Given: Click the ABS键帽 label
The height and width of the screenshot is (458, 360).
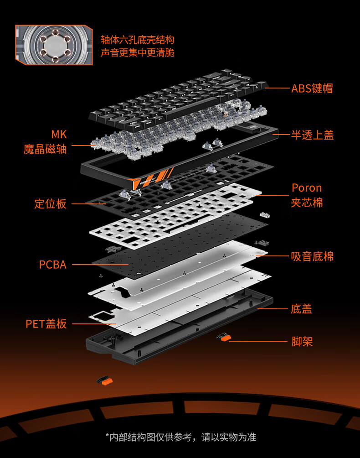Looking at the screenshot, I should tap(312, 88).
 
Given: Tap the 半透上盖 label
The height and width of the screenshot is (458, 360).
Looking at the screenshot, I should tap(312, 135).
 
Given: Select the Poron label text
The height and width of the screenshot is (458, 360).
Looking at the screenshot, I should tap(307, 188).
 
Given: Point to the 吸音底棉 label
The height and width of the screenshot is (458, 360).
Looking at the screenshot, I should tap(312, 256).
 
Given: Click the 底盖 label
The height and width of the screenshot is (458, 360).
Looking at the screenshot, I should tap(301, 309).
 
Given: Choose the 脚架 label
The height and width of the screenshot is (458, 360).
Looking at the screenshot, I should tap(302, 341).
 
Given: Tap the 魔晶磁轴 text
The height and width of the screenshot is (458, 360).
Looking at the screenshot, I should tap(45, 149).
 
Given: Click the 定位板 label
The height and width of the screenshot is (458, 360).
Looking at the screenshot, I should tap(50, 203).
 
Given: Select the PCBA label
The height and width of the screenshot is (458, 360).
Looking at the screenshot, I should tap(52, 265).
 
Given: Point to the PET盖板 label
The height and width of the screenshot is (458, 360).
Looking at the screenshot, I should tap(46, 324).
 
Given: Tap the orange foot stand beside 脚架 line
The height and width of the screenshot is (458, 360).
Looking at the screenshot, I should tap(224, 338).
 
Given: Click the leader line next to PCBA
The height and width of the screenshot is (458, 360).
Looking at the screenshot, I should tap(100, 265).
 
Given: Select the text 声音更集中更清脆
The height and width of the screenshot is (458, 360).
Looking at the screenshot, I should tap(137, 52).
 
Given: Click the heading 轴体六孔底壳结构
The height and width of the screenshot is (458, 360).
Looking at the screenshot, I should tap(137, 40).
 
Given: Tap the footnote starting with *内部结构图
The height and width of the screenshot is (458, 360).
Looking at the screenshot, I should tap(180, 437).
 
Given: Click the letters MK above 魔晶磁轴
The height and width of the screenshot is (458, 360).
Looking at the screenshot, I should tap(59, 135).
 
